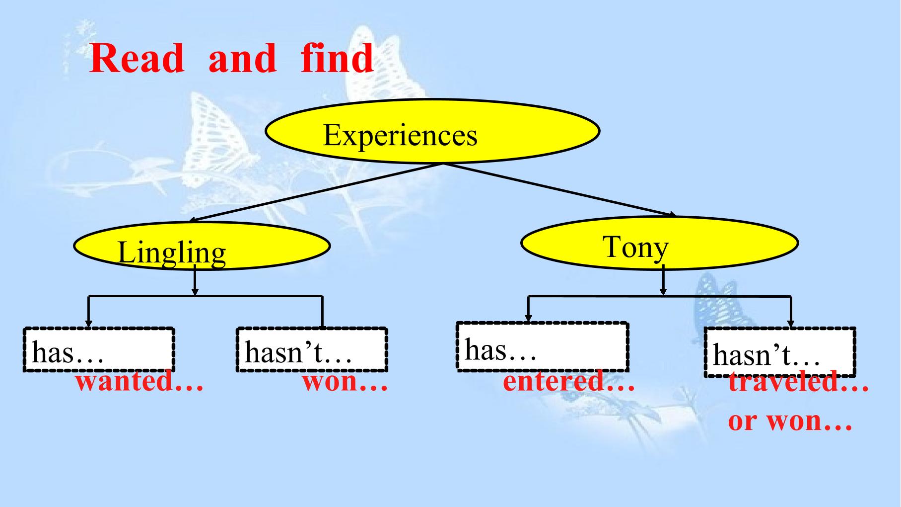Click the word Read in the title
(x=137, y=58)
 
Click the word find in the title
(x=337, y=58)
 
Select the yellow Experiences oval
(x=432, y=131)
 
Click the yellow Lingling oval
(x=202, y=246)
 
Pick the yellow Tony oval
(x=660, y=243)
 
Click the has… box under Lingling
(x=98, y=349)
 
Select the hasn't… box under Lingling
(x=312, y=349)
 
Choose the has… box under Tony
(x=543, y=346)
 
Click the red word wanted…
(x=139, y=383)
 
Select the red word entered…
(x=569, y=382)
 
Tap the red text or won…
(x=790, y=421)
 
